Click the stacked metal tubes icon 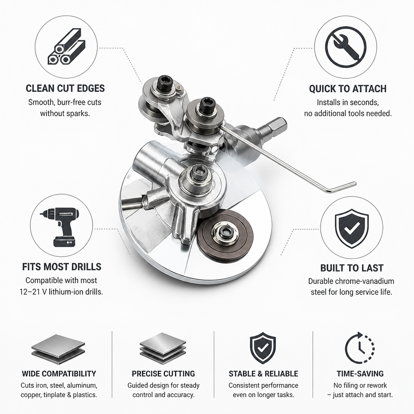67,47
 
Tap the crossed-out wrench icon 346,47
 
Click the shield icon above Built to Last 351,228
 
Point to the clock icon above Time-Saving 360,348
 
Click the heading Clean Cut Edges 65,89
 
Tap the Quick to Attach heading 348,89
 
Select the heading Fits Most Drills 62,267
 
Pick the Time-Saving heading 360,374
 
